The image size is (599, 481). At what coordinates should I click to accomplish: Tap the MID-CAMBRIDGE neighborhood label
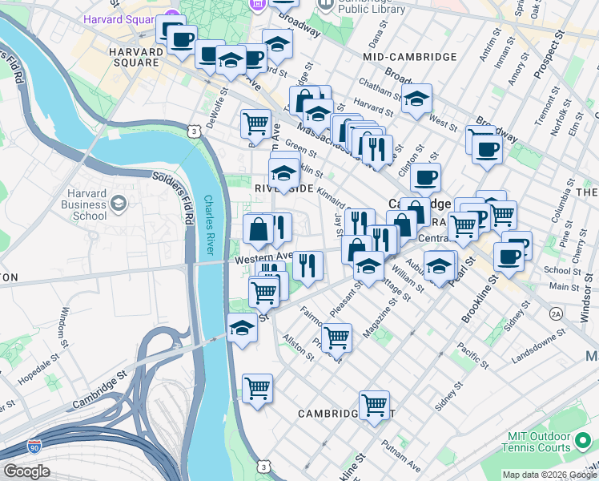(409, 57)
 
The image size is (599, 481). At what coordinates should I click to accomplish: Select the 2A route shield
(555, 314)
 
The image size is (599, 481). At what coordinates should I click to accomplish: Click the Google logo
(26, 471)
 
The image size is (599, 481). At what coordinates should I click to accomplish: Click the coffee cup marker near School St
(509, 257)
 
